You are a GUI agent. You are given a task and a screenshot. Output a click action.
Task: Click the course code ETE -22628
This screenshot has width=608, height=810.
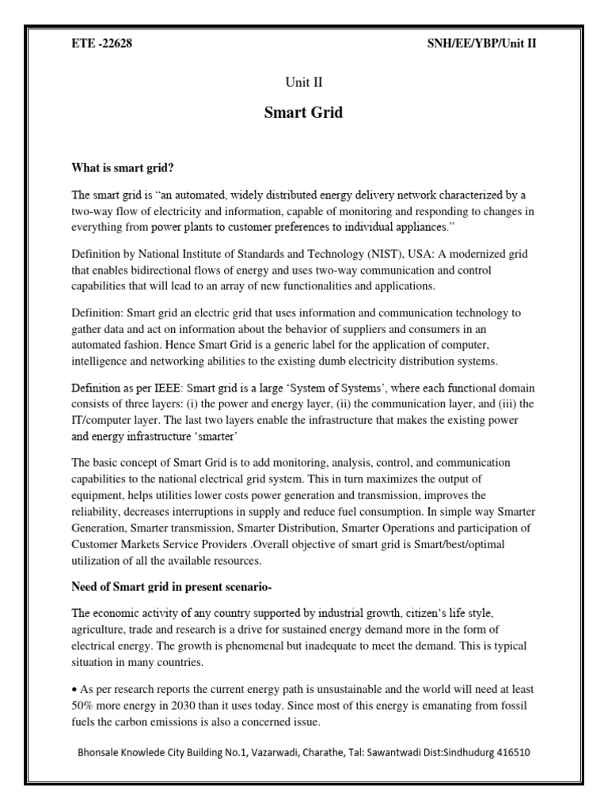[x=102, y=44]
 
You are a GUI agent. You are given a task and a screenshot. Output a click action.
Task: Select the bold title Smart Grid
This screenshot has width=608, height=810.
[x=303, y=112]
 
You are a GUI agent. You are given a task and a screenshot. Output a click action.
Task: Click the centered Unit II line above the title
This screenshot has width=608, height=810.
[x=303, y=82]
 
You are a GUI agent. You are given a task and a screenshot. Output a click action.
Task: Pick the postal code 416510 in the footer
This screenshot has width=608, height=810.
[x=510, y=752]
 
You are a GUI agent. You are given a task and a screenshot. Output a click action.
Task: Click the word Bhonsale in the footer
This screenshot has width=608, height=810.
[x=101, y=752]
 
